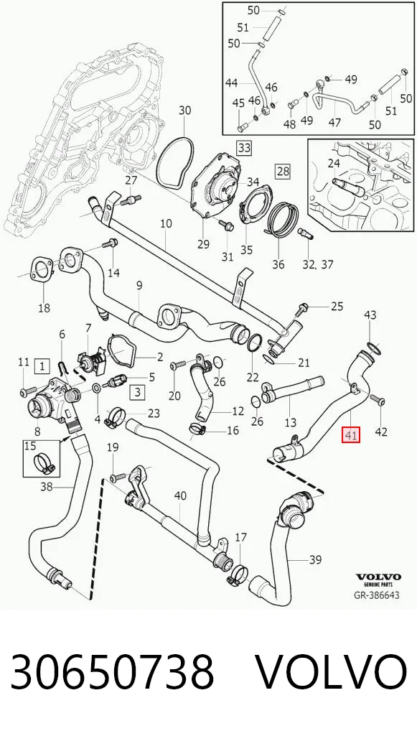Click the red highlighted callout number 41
351,437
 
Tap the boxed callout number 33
244,148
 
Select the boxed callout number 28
284,171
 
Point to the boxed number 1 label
42,366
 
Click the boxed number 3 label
137,392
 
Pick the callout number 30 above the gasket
185,111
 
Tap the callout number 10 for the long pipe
166,224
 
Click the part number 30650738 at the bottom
112,672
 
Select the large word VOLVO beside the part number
332,672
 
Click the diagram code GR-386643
377,595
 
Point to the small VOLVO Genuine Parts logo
378,580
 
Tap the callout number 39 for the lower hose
315,559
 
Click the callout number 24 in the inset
334,164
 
